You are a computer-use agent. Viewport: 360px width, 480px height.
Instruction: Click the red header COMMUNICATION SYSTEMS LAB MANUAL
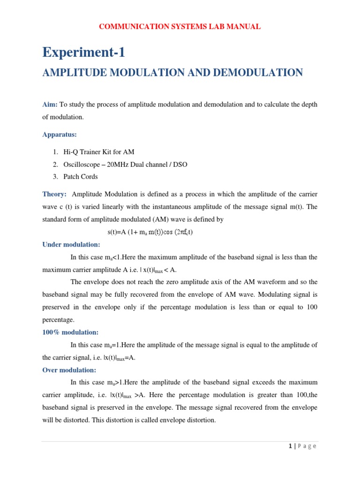(180, 27)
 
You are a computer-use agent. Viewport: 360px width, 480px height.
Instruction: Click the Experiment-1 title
(84, 52)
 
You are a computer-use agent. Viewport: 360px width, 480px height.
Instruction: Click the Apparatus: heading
(60, 135)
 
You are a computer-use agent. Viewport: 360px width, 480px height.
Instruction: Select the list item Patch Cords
(81, 177)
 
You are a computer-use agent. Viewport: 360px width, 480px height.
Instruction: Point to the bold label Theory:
(54, 194)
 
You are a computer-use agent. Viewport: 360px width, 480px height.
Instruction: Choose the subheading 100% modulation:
(70, 332)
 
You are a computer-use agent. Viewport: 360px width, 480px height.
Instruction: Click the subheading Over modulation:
(69, 370)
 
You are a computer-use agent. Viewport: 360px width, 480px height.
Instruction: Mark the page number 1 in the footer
(291, 446)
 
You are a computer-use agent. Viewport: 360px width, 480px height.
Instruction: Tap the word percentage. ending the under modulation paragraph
(58, 319)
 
